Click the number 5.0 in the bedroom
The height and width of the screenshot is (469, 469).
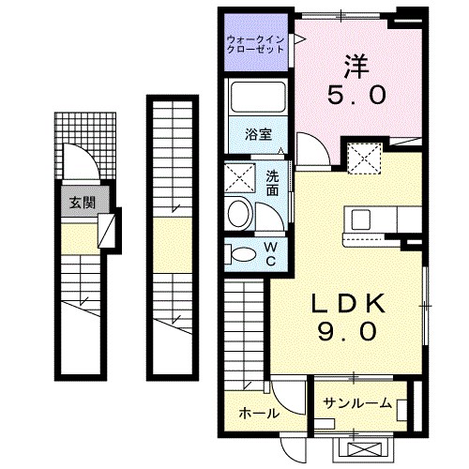click(354, 96)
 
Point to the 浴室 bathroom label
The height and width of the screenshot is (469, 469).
click(260, 134)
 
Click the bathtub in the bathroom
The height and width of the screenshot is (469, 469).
click(259, 99)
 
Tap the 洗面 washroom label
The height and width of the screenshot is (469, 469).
click(272, 183)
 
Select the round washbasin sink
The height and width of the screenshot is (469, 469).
click(240, 213)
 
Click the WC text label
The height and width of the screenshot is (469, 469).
click(270, 253)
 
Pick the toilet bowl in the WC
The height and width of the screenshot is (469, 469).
click(242, 253)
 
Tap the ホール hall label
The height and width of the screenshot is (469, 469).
click(257, 413)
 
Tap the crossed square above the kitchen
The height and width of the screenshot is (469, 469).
click(362, 157)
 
